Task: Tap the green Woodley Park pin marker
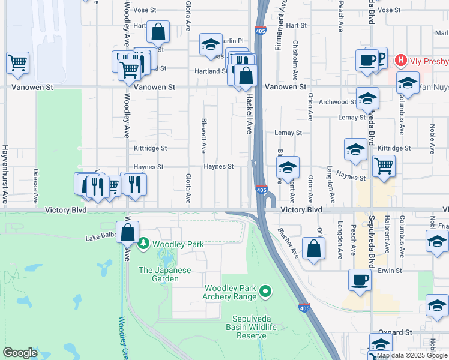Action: (x=143, y=244)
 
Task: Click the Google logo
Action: (x=20, y=353)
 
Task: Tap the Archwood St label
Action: (x=338, y=102)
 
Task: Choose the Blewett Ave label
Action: (x=204, y=135)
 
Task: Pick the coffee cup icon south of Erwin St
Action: (x=360, y=280)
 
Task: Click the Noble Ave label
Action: (x=431, y=134)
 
